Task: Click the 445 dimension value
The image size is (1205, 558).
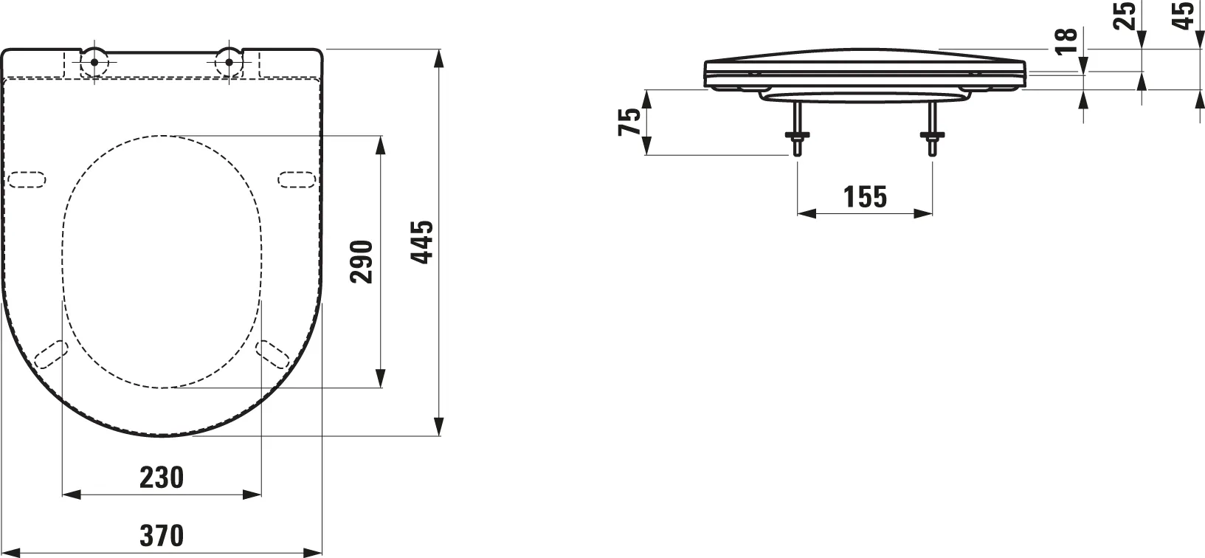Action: point(422,242)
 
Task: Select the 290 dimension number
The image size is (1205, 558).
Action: point(362,262)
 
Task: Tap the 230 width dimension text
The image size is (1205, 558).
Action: point(162,478)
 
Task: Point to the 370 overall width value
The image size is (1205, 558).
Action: point(162,535)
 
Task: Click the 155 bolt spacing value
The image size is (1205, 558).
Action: point(865,196)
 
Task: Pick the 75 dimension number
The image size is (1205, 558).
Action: point(630,122)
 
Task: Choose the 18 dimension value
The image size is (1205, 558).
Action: point(1066,41)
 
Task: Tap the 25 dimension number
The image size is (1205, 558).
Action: point(1125,15)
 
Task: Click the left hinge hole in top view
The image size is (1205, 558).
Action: point(94,62)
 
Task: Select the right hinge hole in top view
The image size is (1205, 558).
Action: point(229,62)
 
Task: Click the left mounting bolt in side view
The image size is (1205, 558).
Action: point(797,128)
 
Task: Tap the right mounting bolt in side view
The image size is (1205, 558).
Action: point(932,128)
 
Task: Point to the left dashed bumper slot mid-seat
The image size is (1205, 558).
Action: point(27,179)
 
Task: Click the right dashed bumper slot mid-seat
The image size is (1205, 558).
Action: point(297,179)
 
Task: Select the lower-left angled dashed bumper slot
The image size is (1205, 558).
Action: point(51,354)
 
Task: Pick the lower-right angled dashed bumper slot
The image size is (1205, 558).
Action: point(273,354)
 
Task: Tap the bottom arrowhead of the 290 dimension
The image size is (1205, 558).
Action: point(381,379)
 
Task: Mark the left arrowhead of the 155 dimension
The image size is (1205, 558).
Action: point(807,213)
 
